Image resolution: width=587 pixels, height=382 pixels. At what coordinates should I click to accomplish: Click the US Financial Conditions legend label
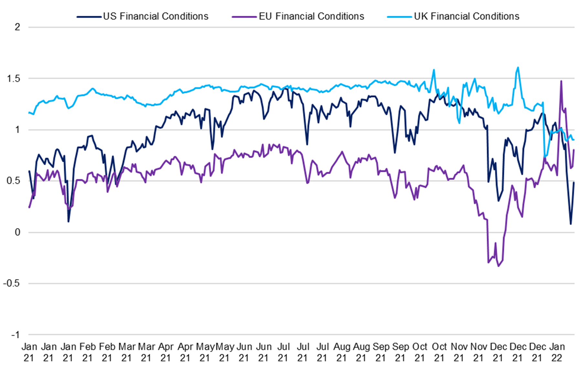pyautogui.click(x=155, y=16)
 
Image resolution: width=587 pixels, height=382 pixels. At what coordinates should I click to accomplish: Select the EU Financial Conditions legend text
pyautogui.click(x=311, y=16)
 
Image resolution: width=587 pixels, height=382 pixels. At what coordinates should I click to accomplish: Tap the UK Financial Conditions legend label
pyautogui.click(x=466, y=16)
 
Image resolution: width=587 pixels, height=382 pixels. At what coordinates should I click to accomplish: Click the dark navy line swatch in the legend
pyautogui.click(x=89, y=17)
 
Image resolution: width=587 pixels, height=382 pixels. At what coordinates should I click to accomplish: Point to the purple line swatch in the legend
pyautogui.click(x=245, y=17)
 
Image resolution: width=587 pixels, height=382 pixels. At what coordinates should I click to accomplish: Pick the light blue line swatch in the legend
pyautogui.click(x=400, y=17)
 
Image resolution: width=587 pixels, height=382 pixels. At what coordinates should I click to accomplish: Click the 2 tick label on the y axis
pyautogui.click(x=17, y=27)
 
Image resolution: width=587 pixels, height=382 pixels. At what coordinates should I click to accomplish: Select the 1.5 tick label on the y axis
pyautogui.click(x=13, y=78)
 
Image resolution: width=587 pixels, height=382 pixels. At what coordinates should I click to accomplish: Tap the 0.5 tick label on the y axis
pyautogui.click(x=13, y=181)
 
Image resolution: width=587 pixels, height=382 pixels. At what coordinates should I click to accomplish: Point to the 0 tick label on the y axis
pyautogui.click(x=17, y=232)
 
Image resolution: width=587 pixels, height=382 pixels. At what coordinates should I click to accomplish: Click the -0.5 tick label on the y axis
pyautogui.click(x=12, y=283)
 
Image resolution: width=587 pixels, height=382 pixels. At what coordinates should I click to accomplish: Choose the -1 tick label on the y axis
pyautogui.click(x=16, y=334)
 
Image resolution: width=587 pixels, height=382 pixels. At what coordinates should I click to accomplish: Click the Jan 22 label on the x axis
pyautogui.click(x=557, y=352)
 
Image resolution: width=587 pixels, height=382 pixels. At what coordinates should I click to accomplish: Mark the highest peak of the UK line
pyautogui.click(x=518, y=67)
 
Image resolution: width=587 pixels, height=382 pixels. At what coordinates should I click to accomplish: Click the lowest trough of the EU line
pyautogui.click(x=498, y=266)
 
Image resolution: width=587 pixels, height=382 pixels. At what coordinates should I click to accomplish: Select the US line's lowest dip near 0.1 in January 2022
pyautogui.click(x=571, y=224)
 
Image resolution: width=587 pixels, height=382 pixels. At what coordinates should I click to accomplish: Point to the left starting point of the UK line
pyautogui.click(x=29, y=113)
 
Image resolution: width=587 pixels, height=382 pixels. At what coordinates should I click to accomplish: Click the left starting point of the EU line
pyautogui.click(x=29, y=207)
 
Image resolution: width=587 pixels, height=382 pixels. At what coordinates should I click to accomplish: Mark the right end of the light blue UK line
pyautogui.click(x=574, y=140)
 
